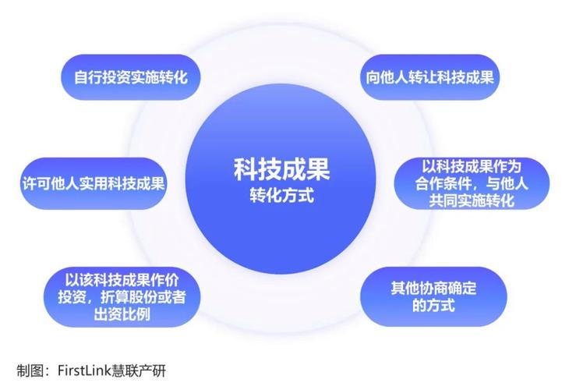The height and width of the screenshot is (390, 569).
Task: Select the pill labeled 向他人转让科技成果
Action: coord(430,78)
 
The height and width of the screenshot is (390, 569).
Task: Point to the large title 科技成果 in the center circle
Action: coord(282,168)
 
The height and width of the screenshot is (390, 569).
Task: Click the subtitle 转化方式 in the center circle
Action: coord(282,195)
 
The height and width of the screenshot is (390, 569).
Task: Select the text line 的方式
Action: coord(433,305)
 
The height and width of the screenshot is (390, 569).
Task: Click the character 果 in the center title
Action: coord(318,168)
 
